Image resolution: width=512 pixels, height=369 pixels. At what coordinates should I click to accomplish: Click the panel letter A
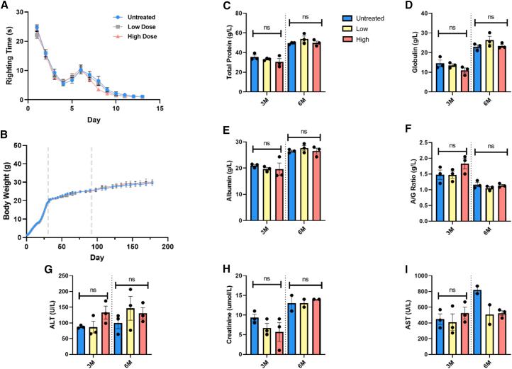pyautogui.click(x=5, y=6)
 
